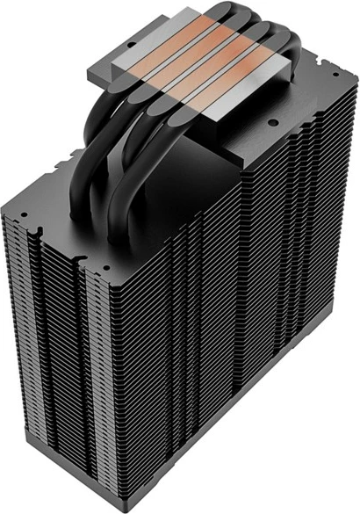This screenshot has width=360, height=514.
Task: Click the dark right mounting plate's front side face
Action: coord(263,119)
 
